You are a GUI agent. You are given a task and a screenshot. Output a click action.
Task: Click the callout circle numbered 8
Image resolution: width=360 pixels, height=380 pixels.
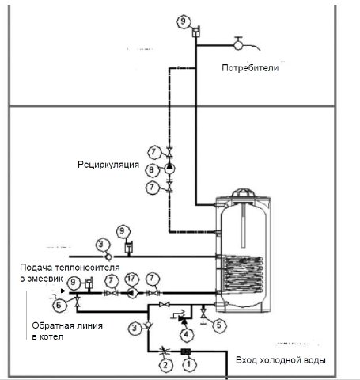(151, 170)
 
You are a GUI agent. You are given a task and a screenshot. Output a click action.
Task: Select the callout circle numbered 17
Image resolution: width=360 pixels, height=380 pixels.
(131, 279)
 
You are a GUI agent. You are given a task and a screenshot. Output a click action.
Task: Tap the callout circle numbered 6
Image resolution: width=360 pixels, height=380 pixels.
(59, 306)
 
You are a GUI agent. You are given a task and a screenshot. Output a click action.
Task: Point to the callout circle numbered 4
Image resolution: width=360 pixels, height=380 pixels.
(186, 335)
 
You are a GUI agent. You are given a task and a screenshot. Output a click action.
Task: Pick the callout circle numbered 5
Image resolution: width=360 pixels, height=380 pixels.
(219, 325)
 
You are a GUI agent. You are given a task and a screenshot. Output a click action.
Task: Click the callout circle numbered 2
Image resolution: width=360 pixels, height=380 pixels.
(165, 365)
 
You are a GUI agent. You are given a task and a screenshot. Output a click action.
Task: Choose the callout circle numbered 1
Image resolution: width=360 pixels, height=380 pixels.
(189, 364)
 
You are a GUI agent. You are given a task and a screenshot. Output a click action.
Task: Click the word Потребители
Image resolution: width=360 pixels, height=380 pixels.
(250, 68)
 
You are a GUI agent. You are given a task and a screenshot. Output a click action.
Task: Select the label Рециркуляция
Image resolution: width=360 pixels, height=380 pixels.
(108, 165)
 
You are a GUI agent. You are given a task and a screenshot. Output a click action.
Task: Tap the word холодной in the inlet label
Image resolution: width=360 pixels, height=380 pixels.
(281, 360)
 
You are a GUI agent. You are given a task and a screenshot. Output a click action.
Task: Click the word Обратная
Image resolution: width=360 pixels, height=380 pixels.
(53, 325)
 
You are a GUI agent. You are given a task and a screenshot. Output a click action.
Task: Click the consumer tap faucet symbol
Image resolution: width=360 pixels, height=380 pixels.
(239, 45)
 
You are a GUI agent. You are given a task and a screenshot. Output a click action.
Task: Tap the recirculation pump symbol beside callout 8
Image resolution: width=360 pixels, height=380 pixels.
(169, 168)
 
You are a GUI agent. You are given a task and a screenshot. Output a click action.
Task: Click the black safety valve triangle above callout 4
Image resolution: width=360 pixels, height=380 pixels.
(183, 319)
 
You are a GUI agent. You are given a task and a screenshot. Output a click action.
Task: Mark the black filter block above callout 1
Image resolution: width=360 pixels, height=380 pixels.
(186, 351)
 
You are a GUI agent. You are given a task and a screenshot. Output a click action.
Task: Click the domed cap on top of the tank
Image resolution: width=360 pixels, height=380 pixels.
(242, 193)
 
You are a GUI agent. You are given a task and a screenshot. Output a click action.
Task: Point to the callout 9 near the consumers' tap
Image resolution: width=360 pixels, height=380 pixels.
(184, 21)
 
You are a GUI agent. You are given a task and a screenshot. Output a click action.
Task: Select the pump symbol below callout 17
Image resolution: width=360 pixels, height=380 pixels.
(132, 293)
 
